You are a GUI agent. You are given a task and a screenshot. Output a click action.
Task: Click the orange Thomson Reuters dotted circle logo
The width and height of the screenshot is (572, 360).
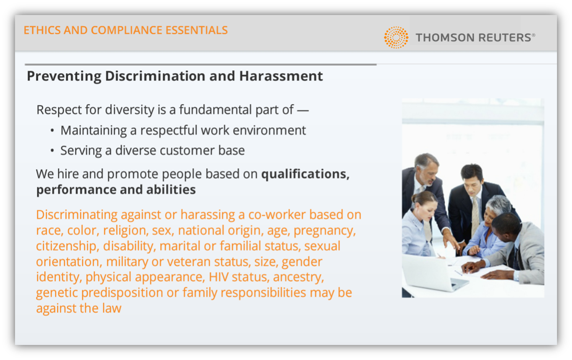click(x=396, y=37)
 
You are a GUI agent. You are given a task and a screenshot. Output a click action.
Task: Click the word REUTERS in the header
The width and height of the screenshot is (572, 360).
click(x=504, y=38)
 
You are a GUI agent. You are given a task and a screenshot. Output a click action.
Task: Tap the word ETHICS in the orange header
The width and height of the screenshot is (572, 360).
click(x=42, y=30)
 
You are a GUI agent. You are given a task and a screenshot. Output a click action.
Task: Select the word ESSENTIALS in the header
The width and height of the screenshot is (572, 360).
click(x=196, y=30)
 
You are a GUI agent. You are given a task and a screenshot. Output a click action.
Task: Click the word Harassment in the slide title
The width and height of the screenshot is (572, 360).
click(x=281, y=76)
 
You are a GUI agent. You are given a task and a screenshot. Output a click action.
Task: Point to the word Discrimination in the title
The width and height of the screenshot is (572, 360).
click(x=155, y=76)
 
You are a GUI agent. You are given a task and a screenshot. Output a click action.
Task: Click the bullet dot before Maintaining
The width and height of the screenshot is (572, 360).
click(x=52, y=130)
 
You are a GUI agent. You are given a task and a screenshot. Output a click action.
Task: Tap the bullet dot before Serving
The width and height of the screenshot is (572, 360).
click(x=52, y=151)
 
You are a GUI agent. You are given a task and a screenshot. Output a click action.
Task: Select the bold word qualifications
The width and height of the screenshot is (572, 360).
click(x=305, y=175)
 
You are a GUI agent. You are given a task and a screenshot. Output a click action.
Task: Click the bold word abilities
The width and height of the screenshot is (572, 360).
click(x=171, y=190)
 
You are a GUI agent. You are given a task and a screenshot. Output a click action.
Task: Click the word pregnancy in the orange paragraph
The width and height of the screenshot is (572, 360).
click(x=325, y=231)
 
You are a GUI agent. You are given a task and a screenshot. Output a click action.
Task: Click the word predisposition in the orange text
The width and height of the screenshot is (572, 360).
click(x=122, y=293)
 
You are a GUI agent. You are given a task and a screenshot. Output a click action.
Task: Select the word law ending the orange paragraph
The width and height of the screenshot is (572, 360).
click(x=112, y=308)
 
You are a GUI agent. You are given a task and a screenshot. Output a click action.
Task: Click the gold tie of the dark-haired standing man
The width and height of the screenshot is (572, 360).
click(x=475, y=214)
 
